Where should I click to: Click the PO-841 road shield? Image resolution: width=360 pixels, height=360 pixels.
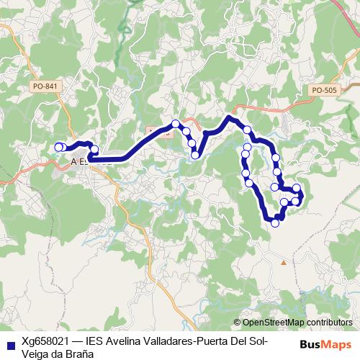pos(45,86)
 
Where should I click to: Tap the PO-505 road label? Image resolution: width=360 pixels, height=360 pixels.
pos(324,90)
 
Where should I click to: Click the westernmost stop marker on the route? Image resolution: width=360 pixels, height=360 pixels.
pos(58,148)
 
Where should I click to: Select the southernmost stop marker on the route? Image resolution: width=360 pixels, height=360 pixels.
pos(274,223)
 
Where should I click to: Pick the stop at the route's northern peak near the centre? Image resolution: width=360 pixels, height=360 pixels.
pos(175,123)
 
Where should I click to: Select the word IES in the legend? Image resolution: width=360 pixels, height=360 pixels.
pos(95,341)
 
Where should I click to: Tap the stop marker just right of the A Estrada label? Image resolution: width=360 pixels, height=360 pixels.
pos(94,150)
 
